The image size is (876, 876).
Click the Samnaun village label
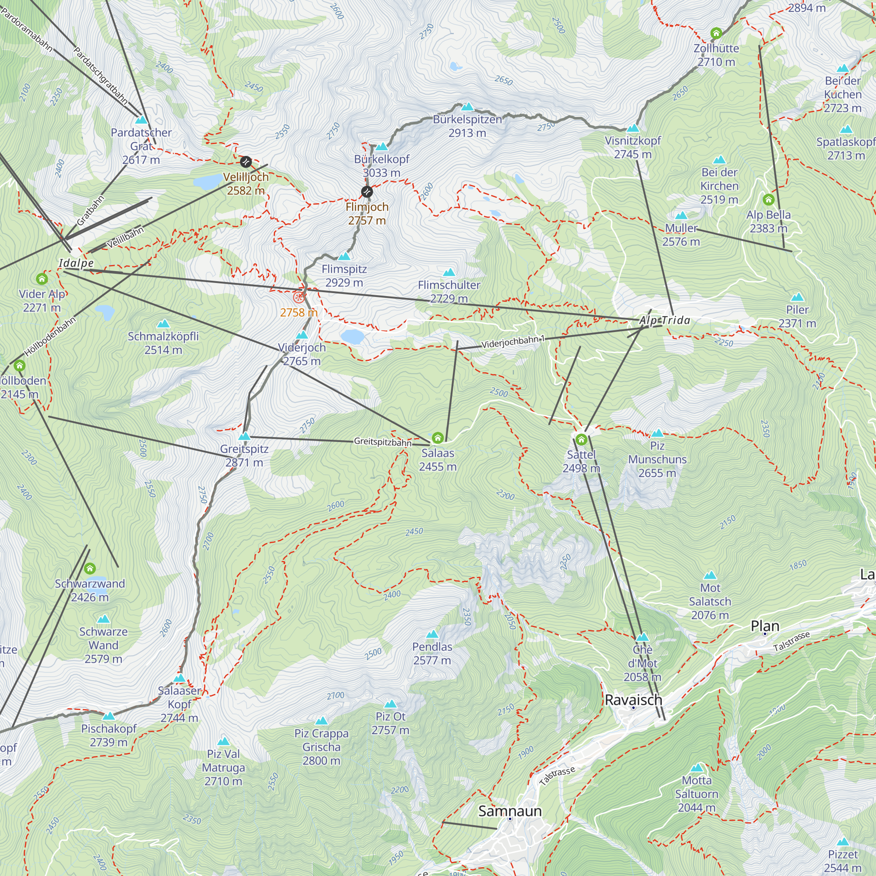click(510, 811)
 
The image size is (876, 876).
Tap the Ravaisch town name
click(633, 699)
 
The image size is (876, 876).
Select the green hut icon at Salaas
click(438, 438)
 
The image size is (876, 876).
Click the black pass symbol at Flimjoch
click(367, 192)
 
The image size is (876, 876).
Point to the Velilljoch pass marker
click(246, 162)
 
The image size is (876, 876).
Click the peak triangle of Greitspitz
click(244, 437)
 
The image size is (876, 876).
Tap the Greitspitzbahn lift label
click(382, 442)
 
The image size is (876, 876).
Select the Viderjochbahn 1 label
click(513, 343)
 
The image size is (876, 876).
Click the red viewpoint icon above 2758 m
click(298, 297)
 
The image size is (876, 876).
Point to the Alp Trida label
click(665, 321)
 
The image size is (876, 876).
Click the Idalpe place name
click(76, 263)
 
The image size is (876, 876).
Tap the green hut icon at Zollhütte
click(716, 33)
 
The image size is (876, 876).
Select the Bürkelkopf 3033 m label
click(381, 166)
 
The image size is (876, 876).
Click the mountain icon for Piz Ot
click(390, 704)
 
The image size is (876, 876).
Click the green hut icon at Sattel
click(581, 439)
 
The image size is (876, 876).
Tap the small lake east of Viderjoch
click(352, 336)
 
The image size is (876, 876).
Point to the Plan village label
click(765, 626)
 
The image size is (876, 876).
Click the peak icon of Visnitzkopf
click(632, 128)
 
